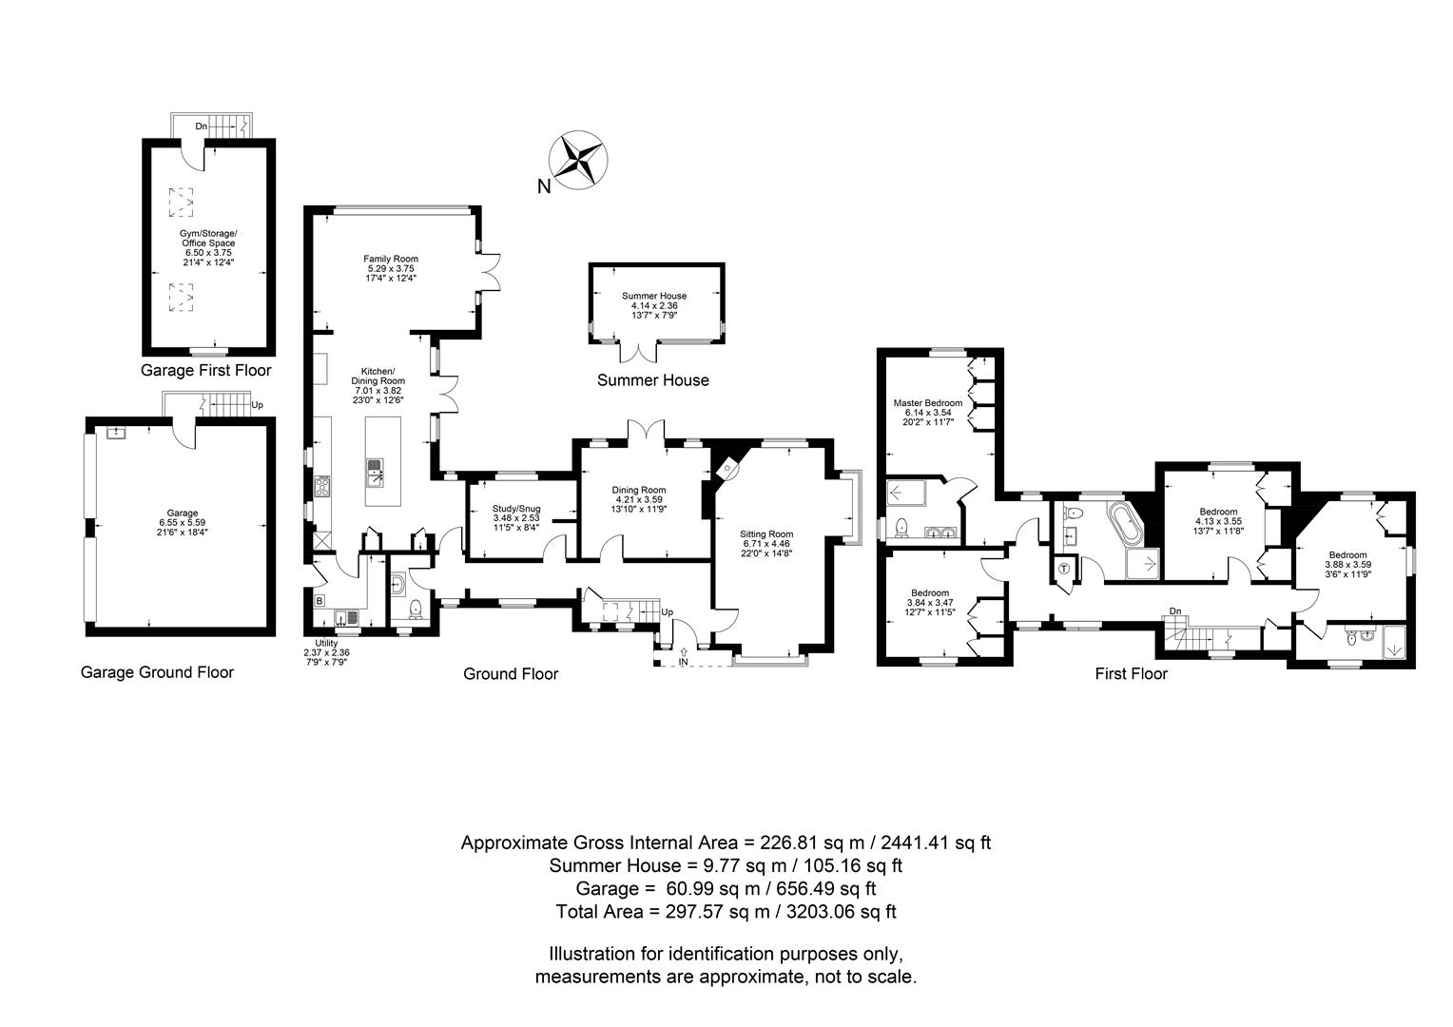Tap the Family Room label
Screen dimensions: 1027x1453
coord(391,259)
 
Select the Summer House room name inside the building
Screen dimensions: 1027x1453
coord(654,296)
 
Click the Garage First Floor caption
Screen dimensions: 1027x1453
coord(205,371)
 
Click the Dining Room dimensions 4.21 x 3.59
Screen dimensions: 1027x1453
coord(638,499)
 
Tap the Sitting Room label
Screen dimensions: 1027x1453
coord(766,533)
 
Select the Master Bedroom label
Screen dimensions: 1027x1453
coord(927,402)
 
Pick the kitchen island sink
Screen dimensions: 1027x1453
coord(376,471)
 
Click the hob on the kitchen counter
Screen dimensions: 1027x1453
coord(321,488)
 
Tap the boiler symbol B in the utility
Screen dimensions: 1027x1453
coord(320,600)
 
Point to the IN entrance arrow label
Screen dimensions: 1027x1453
coord(683,662)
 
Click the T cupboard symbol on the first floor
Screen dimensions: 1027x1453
coord(1064,570)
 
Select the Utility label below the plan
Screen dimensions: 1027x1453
coord(326,643)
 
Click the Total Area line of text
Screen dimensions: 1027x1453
coord(726,912)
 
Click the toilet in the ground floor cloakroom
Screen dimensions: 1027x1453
coord(415,609)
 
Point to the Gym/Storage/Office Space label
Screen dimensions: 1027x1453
coord(208,238)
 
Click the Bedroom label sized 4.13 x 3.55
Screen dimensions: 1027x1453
coord(1218,512)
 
